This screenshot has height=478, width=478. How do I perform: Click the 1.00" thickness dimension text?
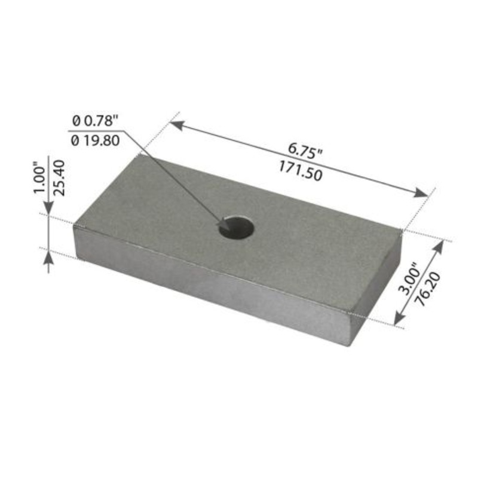pyautogui.click(x=40, y=177)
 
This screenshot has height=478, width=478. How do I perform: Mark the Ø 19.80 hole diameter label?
pyautogui.click(x=96, y=140)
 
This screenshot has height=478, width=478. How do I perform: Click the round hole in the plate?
pyautogui.click(x=236, y=228)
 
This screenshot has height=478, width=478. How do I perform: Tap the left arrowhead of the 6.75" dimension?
pyautogui.click(x=175, y=124)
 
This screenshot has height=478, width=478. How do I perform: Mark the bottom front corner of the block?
pyautogui.click(x=350, y=344)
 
